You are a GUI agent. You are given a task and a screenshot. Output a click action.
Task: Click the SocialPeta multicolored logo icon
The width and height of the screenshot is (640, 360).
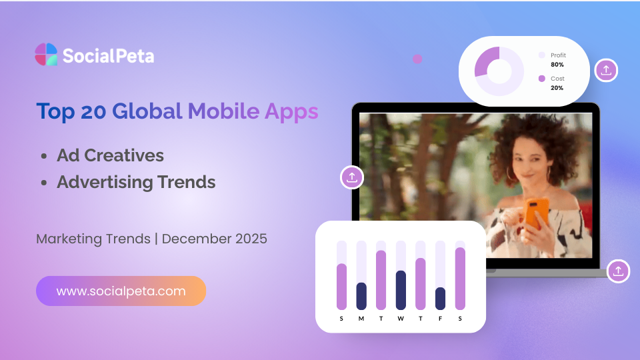46,55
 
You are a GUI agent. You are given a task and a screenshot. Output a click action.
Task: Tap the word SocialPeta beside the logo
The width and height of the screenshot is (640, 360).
108,55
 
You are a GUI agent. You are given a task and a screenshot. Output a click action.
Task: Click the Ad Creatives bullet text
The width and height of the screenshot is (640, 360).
110,155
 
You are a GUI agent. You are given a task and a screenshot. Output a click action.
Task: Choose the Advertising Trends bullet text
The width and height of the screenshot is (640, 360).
136,182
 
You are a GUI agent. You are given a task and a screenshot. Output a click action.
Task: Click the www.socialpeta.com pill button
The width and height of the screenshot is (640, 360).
121,291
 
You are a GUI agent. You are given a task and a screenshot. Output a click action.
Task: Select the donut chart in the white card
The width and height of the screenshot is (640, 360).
499,71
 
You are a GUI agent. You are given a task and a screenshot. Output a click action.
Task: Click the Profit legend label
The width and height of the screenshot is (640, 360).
558,55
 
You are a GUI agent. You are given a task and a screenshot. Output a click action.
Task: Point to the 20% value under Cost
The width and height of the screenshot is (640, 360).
557,88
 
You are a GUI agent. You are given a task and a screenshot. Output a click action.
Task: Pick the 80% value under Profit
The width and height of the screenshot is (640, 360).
557,65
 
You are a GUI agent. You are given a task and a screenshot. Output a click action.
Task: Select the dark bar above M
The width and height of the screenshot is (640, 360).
361,296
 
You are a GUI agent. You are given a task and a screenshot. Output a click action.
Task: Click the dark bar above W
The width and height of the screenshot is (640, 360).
401,290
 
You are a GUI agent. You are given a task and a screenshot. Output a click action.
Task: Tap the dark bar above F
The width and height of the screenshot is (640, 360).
440,299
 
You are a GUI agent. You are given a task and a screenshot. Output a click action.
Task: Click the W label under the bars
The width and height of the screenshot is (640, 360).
401,319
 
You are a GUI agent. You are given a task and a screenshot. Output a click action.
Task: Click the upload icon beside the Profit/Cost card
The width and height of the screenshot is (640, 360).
606,70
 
